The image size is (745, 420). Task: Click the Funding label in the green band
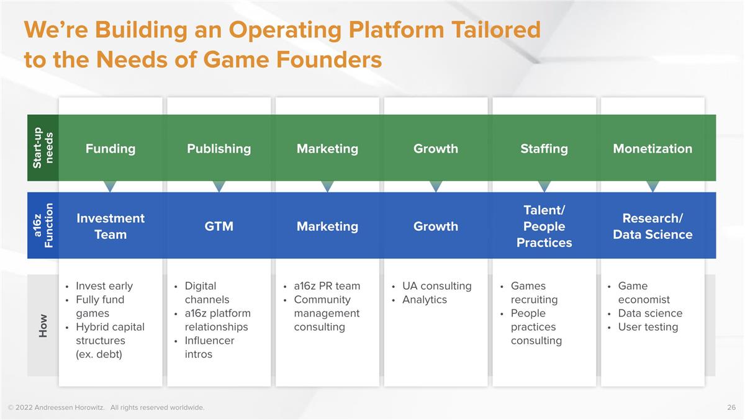(x=111, y=149)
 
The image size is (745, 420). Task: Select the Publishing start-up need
(x=219, y=149)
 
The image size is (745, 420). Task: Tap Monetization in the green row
(x=652, y=149)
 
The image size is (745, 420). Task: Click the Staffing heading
(x=544, y=149)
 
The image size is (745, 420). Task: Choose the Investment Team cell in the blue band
(x=111, y=226)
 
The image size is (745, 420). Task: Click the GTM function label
(x=219, y=226)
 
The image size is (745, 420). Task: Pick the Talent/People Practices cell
(x=544, y=226)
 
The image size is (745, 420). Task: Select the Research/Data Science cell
(x=652, y=226)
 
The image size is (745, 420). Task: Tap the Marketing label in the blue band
(x=327, y=226)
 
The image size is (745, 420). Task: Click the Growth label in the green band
(x=435, y=149)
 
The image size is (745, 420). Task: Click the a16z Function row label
(x=43, y=225)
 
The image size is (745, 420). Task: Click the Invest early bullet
(x=104, y=286)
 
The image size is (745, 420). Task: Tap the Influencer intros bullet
(x=209, y=347)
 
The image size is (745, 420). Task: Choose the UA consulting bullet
(x=436, y=286)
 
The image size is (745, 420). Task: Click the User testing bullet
(x=648, y=327)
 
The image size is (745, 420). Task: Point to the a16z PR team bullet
(x=327, y=286)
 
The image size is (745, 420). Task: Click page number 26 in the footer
(x=731, y=408)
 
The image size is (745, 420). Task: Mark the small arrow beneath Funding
(x=110, y=186)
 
